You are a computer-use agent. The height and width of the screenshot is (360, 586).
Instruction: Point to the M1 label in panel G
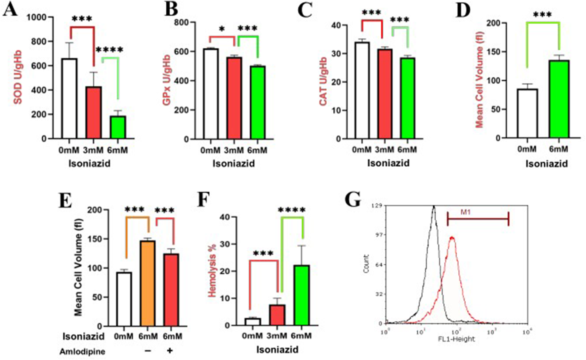[465, 212]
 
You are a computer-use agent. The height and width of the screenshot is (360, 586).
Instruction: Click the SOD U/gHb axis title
[18, 77]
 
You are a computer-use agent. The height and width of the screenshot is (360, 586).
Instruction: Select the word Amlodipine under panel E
[82, 351]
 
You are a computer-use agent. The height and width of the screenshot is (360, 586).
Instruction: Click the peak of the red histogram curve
[452, 237]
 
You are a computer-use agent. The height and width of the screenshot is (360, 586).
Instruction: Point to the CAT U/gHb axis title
[323, 81]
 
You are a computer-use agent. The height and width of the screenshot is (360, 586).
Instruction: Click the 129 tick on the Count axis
[378, 205]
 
